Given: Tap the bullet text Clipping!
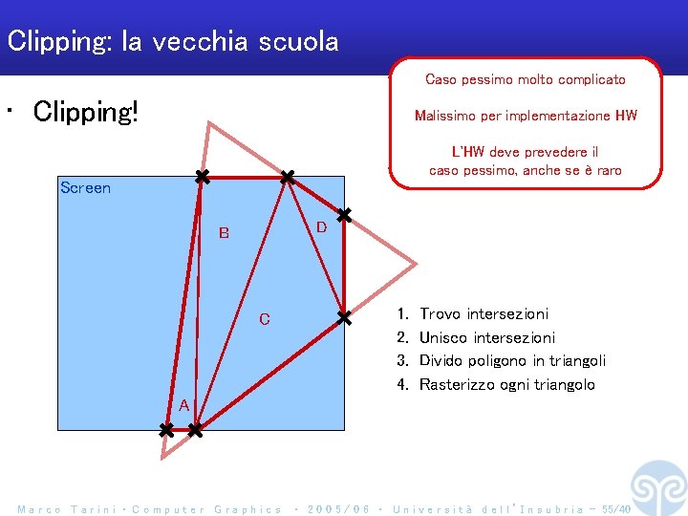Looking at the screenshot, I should pos(86,112).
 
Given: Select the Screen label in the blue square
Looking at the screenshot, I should pos(85,187).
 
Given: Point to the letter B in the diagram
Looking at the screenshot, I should pos(224,232).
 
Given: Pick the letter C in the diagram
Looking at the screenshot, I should pos(265,319).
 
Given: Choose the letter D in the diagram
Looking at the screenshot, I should pos(321,226).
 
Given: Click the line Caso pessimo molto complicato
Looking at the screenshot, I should pos(525,79).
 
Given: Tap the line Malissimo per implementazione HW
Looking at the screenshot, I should pos(526,116).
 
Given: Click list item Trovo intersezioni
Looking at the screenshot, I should pos(484,313).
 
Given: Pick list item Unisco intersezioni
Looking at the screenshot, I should pos(486,337).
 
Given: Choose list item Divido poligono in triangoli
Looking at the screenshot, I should pos(512,360).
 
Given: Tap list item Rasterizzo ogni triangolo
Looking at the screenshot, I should pos(506,384).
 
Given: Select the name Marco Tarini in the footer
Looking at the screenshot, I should pos(68,509).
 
